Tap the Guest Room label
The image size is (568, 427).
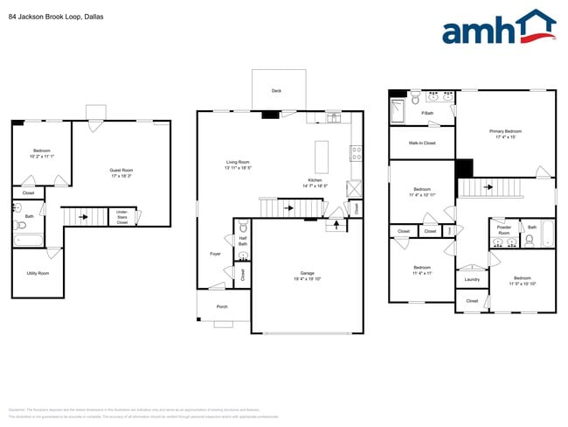point(121,172)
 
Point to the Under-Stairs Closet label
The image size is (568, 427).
point(121,216)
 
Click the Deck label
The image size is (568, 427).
point(276,91)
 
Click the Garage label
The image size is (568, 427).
point(307,276)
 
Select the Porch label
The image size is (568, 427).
point(222,306)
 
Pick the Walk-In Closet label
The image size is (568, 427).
point(422,143)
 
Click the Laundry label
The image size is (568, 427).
point(472,280)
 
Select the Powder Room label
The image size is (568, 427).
point(503,231)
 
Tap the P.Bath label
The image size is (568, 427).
point(428,114)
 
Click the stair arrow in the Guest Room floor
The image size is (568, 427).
point(84,213)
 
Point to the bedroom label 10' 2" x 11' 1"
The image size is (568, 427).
point(42,153)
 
